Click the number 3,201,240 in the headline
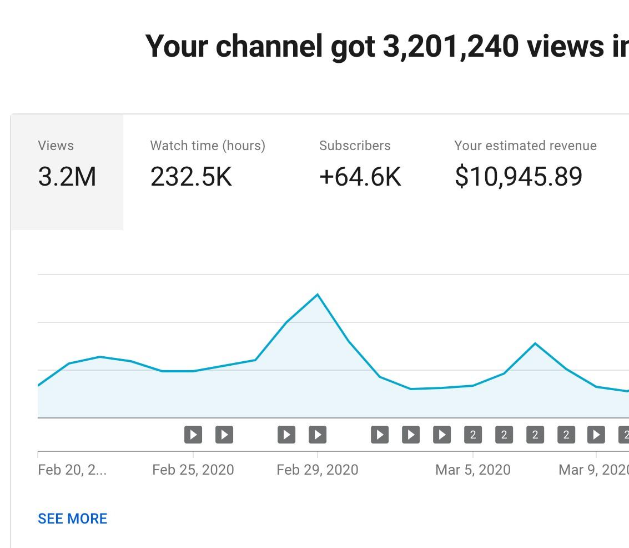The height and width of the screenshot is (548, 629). (x=450, y=46)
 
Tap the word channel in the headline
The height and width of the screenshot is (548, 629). (x=269, y=46)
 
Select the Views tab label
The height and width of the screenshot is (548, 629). (x=56, y=146)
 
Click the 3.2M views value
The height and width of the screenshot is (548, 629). (x=67, y=177)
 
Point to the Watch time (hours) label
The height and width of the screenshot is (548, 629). (x=208, y=146)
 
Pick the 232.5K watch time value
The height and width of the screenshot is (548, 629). (x=191, y=177)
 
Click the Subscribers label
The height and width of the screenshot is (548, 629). (x=355, y=146)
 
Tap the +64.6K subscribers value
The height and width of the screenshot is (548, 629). (x=360, y=177)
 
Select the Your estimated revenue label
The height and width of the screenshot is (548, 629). (x=525, y=146)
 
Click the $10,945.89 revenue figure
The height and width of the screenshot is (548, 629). (x=519, y=177)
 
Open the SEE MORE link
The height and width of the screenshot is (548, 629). (x=72, y=519)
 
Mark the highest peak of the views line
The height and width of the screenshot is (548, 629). (x=318, y=294)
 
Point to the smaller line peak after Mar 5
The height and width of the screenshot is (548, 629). (x=535, y=343)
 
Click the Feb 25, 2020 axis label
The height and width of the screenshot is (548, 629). (x=193, y=470)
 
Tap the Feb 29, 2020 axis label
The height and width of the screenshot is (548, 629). (x=317, y=470)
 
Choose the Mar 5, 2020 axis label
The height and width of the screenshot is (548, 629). (x=472, y=470)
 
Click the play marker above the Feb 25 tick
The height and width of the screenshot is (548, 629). (x=193, y=435)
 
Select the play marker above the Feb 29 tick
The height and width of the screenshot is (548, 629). (x=318, y=435)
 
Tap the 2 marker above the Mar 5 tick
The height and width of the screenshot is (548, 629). (x=473, y=435)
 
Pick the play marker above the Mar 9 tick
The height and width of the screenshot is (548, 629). (x=596, y=435)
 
